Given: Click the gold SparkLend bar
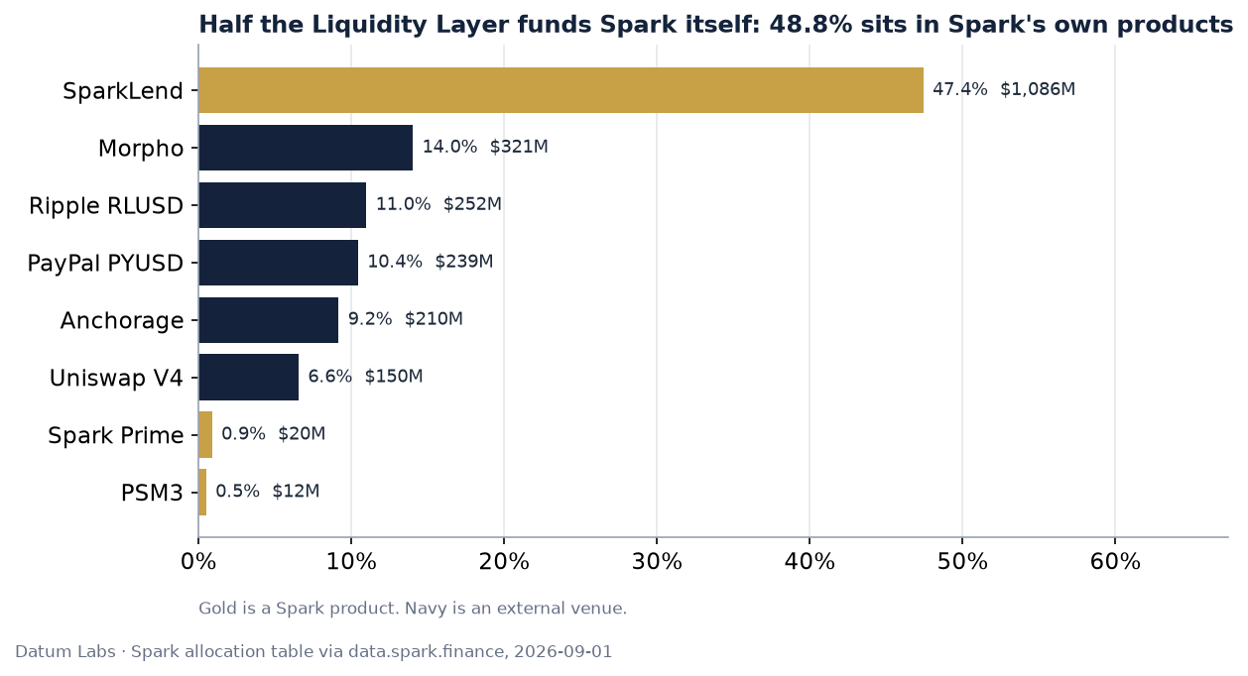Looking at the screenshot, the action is [x=562, y=90].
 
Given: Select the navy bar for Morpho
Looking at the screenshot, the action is [x=306, y=148].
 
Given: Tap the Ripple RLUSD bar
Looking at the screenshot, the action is [x=283, y=205].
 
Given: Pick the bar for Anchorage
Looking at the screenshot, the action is [x=269, y=320].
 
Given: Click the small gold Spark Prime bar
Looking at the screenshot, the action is [x=205, y=435].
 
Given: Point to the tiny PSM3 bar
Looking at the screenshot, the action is [x=202, y=493].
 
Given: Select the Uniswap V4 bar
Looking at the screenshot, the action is [x=248, y=377].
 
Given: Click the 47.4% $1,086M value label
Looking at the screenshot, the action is [x=1004, y=89].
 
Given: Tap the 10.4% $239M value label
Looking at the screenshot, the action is [x=431, y=261].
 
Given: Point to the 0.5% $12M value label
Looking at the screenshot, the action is [x=268, y=491].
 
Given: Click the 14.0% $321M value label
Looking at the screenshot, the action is [x=485, y=147].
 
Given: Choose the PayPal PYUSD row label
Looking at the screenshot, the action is [x=105, y=263].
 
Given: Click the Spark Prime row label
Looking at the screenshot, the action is [x=116, y=435].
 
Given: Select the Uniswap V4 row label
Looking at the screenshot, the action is [x=116, y=378].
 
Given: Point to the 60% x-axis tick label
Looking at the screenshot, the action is [x=1115, y=562].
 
